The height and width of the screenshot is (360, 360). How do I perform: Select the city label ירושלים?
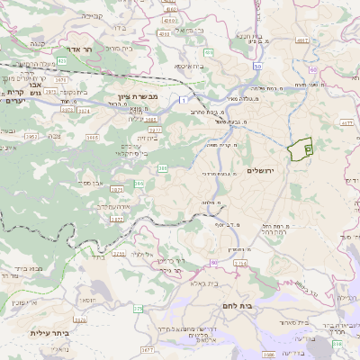264,170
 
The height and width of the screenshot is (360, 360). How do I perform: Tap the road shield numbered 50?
257,67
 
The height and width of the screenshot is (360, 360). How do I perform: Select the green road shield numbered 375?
138,309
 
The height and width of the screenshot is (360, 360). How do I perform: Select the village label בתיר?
98,256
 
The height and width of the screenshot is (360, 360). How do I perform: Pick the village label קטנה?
36,42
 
